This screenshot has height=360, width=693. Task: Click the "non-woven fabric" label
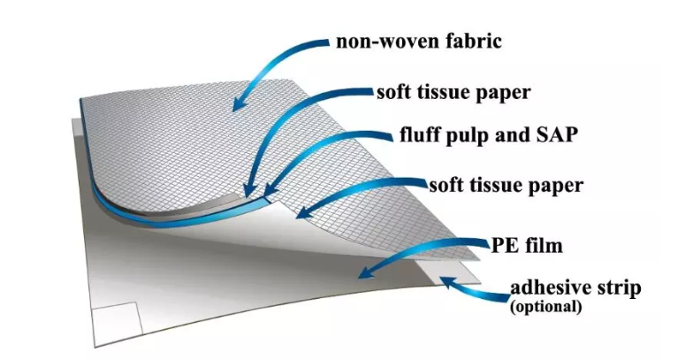(419, 41)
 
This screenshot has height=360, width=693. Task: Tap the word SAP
(557, 134)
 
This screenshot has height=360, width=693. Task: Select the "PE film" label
(527, 245)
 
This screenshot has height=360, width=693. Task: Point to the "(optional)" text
(545, 306)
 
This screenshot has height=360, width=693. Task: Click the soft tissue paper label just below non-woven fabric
(453, 93)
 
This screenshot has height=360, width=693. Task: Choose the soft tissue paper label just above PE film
(506, 186)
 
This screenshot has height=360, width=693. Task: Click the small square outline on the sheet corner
(117, 319)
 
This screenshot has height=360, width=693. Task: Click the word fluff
(419, 134)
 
